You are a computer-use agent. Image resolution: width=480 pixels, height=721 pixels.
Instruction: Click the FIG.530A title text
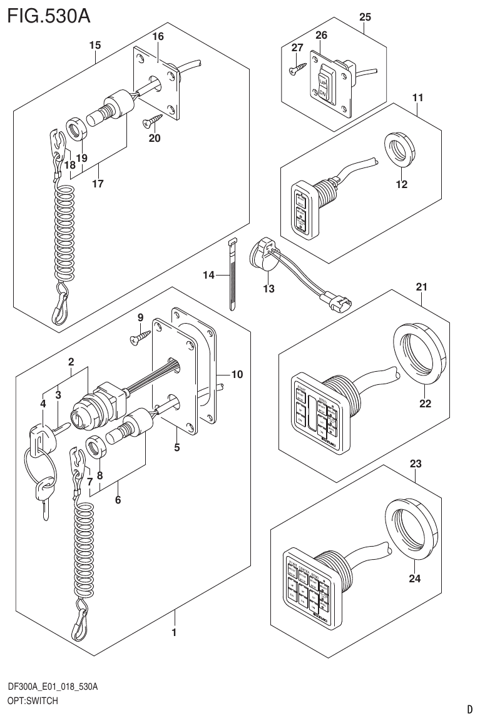tap(49, 15)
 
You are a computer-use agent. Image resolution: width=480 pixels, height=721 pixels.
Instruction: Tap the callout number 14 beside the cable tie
tap(209, 275)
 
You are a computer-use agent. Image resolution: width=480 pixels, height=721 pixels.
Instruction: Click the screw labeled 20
tap(152, 119)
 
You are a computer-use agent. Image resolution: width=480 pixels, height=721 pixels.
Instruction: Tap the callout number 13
tap(269, 288)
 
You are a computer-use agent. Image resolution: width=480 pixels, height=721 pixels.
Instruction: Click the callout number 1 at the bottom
tap(174, 633)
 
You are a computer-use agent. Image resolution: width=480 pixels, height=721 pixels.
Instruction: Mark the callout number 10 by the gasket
tap(237, 375)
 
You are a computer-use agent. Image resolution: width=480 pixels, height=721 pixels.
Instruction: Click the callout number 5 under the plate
tap(177, 447)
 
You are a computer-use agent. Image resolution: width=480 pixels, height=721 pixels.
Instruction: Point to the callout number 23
tap(416, 464)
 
